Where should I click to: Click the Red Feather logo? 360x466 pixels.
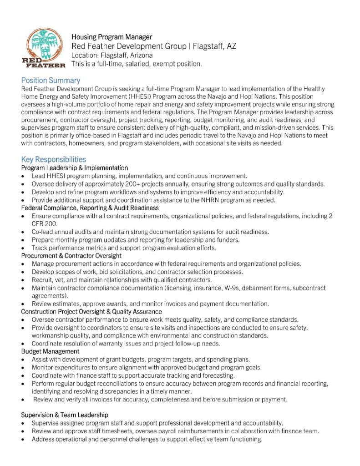click(44, 47)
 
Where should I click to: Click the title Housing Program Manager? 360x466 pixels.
click(112, 37)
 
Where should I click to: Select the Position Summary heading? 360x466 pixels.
click(51, 80)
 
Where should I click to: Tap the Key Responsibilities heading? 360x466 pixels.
click(53, 159)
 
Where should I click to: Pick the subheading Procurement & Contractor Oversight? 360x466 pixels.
click(71, 256)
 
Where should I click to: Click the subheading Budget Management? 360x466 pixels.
click(51, 351)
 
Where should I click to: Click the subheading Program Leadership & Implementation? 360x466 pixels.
click(75, 168)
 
